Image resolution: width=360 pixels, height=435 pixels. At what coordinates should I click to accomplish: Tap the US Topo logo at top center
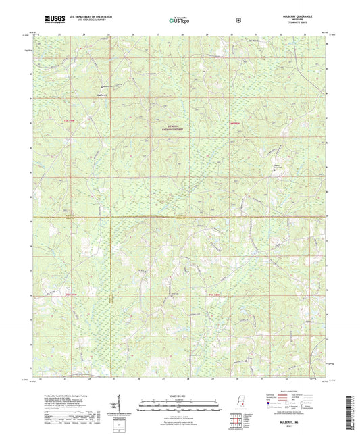coord(180,20)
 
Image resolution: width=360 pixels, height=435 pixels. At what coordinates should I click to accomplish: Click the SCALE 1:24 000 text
coord(180,395)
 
